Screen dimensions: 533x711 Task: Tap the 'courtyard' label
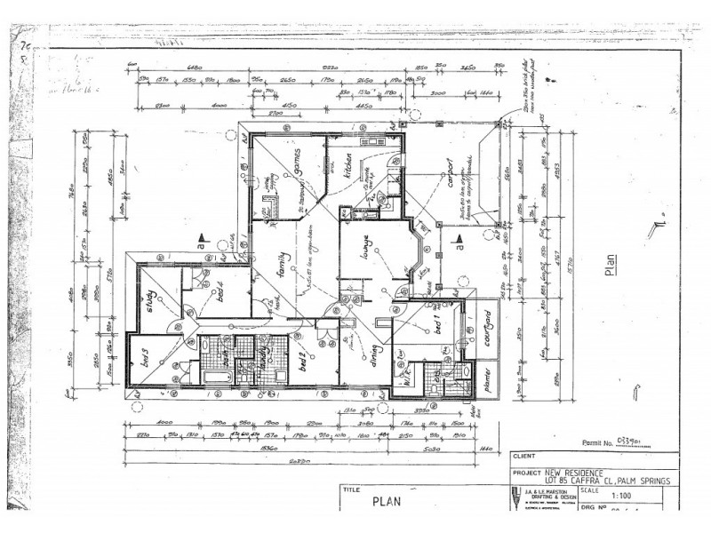click(x=484, y=328)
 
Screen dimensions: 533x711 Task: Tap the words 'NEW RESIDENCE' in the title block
click(x=569, y=472)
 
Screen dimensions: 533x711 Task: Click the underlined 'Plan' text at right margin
click(x=610, y=267)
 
